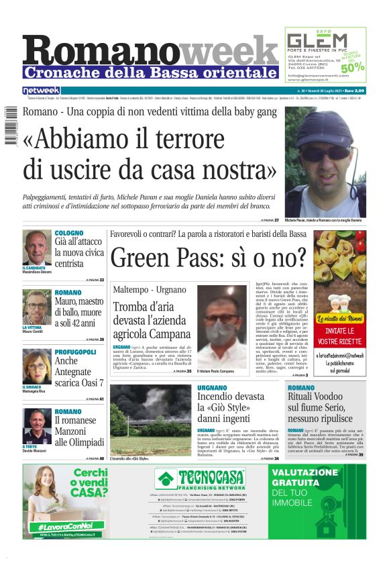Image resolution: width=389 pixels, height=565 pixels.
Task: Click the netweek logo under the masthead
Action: pos(41,90)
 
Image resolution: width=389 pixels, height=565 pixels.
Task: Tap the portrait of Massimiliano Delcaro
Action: pos(36,248)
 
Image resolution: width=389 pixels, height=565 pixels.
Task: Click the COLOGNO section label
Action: pos(69,233)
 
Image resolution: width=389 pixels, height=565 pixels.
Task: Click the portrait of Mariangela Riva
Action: pos(36,366)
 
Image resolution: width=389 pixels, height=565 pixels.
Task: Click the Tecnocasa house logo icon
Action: pos(164,479)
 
